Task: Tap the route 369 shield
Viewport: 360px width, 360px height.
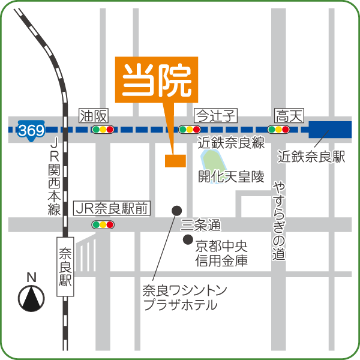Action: pyautogui.click(x=30, y=130)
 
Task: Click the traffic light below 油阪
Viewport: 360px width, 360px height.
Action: pyautogui.click(x=103, y=129)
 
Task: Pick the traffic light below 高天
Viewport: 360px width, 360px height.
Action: pyautogui.click(x=278, y=129)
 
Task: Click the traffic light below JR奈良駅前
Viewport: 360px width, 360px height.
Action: pyautogui.click(x=103, y=225)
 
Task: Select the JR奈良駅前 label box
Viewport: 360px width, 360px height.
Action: pyautogui.click(x=112, y=209)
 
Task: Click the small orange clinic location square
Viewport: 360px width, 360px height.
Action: pyautogui.click(x=175, y=160)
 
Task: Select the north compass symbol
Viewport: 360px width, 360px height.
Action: pyautogui.click(x=32, y=297)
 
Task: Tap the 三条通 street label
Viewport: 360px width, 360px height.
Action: pyautogui.click(x=200, y=226)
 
